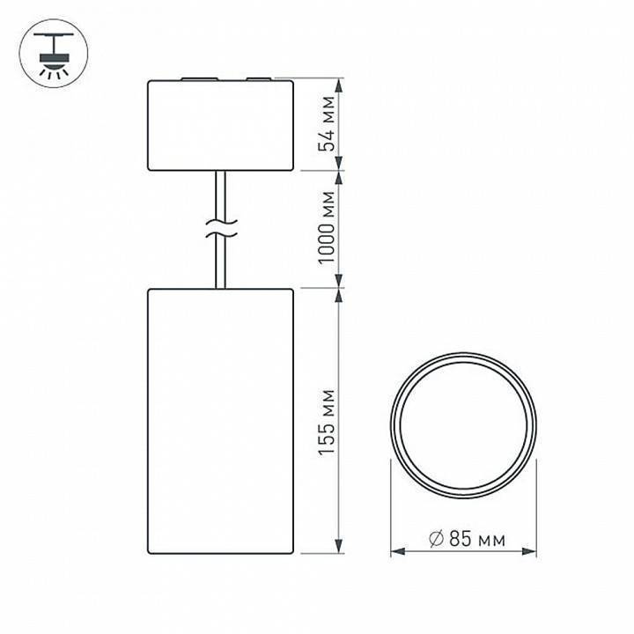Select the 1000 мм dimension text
point(328,228)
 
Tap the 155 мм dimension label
point(328,420)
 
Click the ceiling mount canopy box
point(220,125)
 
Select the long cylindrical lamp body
point(220,421)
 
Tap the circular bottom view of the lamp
point(463,419)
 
